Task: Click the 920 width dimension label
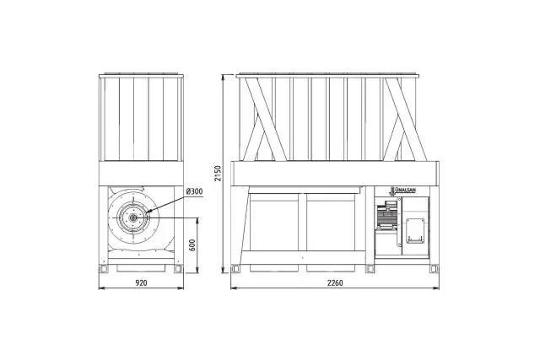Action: coord(141,283)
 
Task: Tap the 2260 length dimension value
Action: coord(335,283)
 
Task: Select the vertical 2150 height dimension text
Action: coord(218,174)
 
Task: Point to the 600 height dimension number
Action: coord(192,245)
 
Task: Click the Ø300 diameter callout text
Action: coord(194,191)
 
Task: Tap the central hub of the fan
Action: coord(132,218)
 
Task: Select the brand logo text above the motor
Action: coord(405,191)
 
